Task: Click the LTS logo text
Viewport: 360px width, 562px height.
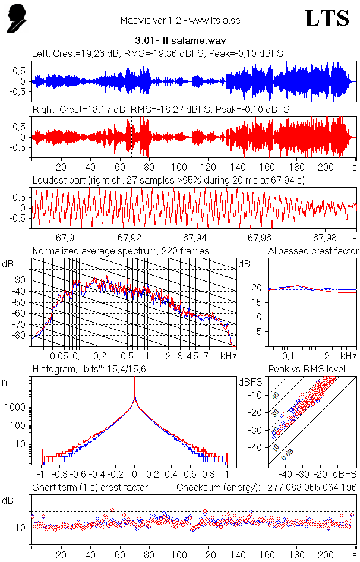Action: (326, 18)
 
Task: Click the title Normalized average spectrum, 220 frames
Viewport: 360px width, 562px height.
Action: (121, 251)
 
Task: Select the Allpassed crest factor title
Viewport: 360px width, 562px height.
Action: (312, 251)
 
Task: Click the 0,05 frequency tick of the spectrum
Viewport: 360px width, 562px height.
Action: (59, 356)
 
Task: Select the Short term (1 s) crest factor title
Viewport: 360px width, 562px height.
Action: (90, 488)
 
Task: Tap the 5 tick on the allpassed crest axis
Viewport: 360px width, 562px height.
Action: (258, 331)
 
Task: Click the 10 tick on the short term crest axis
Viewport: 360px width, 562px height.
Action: (20, 528)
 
